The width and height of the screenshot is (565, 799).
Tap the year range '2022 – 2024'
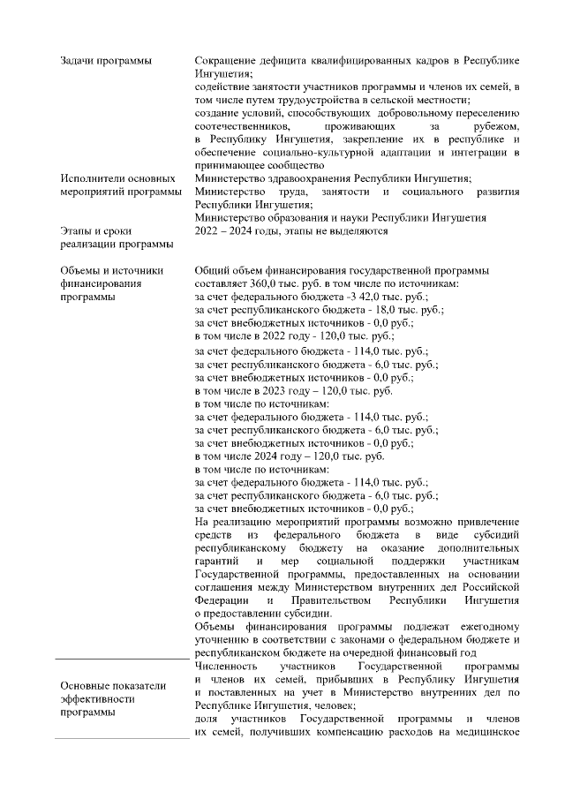[x=227, y=231]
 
